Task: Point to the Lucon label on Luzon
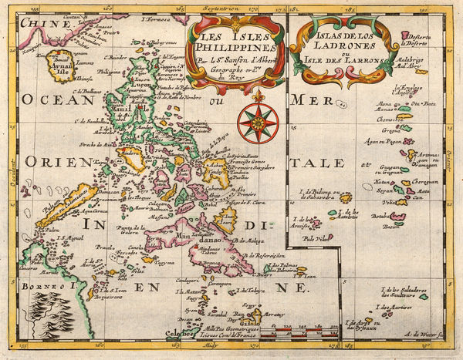143,79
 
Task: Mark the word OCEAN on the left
52,100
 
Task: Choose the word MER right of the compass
318,100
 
